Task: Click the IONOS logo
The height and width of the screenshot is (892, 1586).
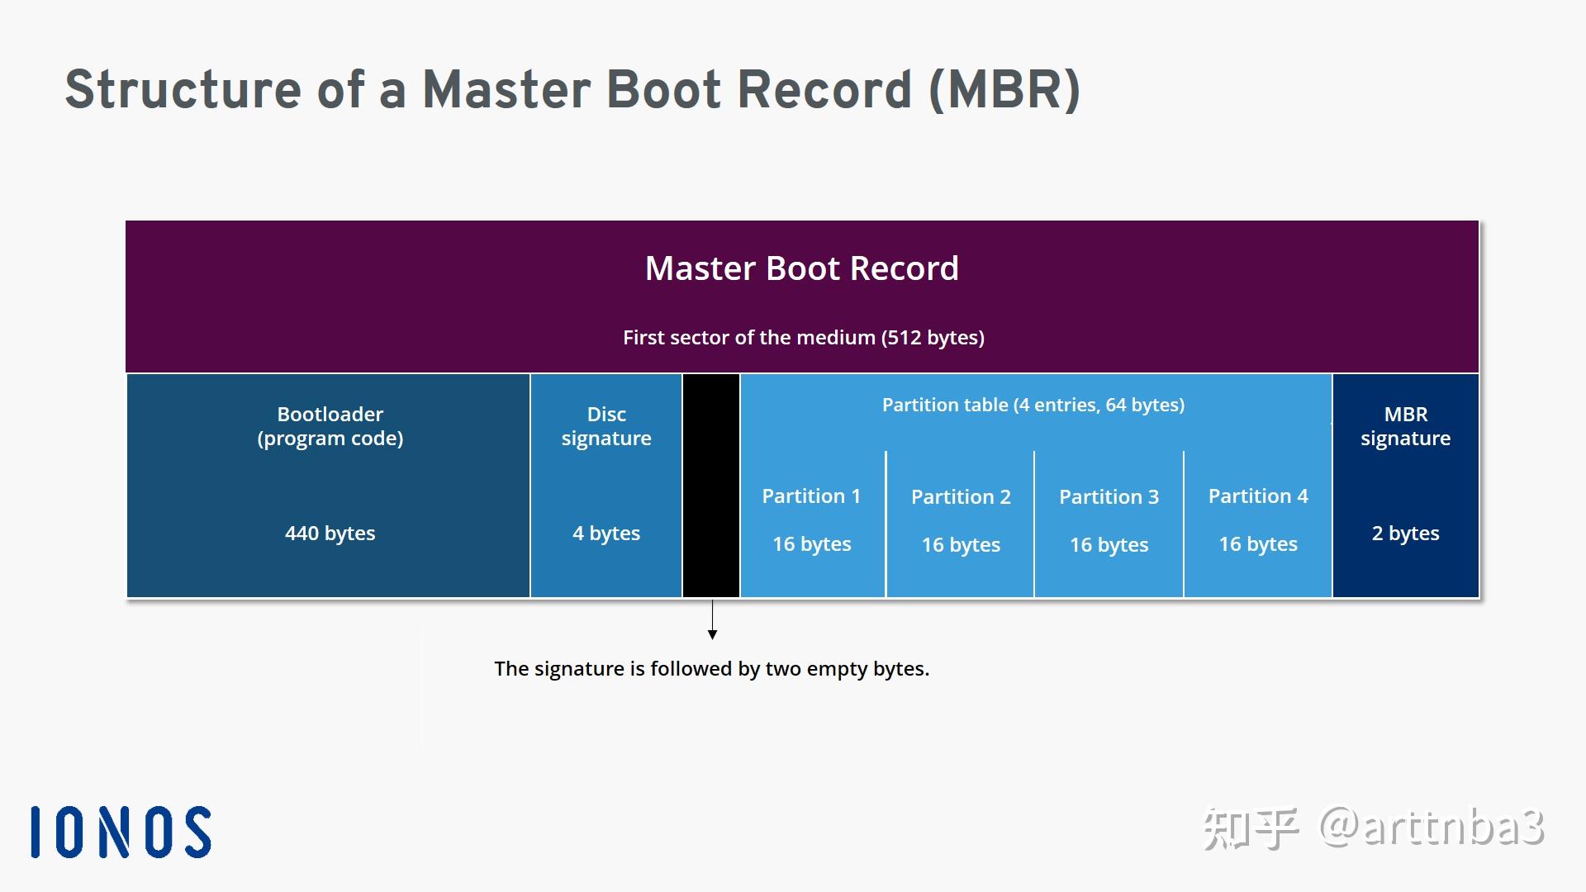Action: point(121,832)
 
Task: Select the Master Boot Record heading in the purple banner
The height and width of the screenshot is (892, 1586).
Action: point(801,268)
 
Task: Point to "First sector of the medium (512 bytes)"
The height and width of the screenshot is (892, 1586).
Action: point(803,338)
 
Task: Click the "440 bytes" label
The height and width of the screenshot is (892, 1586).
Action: point(330,534)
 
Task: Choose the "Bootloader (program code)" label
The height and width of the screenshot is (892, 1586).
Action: point(330,426)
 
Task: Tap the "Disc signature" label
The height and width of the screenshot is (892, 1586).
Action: point(606,426)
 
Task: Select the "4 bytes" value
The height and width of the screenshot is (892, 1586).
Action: point(606,534)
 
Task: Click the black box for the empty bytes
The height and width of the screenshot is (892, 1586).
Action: point(711,486)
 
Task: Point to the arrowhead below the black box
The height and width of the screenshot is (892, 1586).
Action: point(712,634)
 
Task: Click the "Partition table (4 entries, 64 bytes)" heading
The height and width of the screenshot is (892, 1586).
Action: point(1033,405)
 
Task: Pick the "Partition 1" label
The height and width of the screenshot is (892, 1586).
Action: point(811,496)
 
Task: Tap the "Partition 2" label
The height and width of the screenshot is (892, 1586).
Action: point(961,497)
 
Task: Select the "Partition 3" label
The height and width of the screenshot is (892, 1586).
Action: point(1109,497)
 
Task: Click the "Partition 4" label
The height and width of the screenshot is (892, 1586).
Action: point(1258,496)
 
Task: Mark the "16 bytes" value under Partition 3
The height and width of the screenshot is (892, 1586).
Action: point(1109,545)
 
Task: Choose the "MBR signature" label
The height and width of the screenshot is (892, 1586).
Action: point(1405,426)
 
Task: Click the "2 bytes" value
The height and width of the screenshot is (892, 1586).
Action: point(1405,534)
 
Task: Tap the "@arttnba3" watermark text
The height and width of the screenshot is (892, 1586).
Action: point(1432,828)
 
